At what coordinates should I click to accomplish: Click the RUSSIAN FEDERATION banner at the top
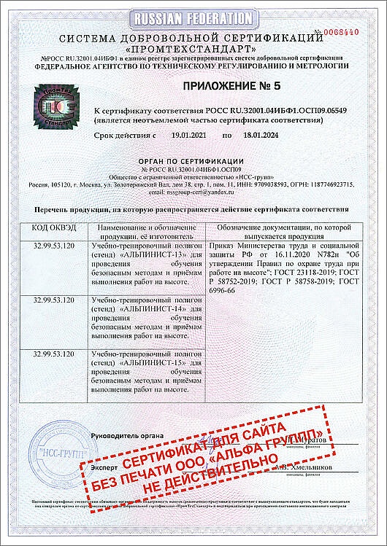192,17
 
